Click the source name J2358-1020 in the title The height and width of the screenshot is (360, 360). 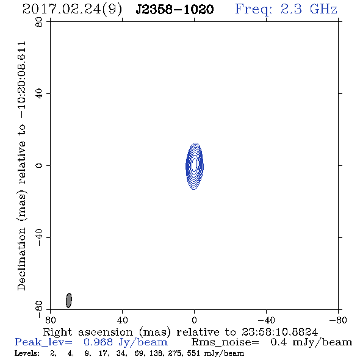175,10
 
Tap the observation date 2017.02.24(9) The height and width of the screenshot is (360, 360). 72,10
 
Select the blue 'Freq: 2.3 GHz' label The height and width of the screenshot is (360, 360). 286,9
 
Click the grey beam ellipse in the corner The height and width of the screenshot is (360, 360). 69,300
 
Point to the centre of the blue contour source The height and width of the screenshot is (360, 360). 195,166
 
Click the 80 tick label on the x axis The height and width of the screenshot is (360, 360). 50,320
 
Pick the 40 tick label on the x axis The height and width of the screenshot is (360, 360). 123,320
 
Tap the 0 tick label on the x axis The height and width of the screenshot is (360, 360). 194,320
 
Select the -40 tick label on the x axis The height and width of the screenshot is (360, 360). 266,320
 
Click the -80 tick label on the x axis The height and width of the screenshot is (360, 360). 338,320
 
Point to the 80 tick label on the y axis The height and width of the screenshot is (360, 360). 39,22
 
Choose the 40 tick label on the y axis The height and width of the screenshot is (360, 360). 39,94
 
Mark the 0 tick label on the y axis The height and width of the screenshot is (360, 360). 39,165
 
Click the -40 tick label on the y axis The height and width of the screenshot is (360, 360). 39,237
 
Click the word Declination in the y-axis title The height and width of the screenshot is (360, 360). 21,259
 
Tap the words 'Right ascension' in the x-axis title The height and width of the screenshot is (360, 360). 88,332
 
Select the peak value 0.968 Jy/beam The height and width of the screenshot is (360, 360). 126,342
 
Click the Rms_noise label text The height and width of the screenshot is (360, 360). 225,342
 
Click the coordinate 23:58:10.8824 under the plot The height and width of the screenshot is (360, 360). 279,332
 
